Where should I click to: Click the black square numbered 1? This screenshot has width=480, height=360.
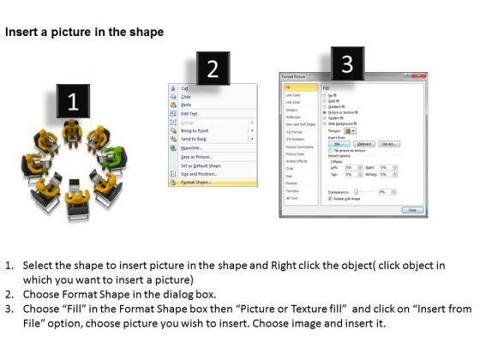(x=73, y=103)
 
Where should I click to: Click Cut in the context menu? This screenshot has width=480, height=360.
(x=186, y=87)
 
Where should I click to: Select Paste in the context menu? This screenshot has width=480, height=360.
(x=188, y=105)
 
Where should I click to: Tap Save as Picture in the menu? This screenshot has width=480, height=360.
(x=198, y=156)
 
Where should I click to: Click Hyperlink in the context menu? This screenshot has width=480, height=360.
(x=193, y=147)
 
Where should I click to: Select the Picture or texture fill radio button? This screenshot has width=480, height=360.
(x=324, y=112)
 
